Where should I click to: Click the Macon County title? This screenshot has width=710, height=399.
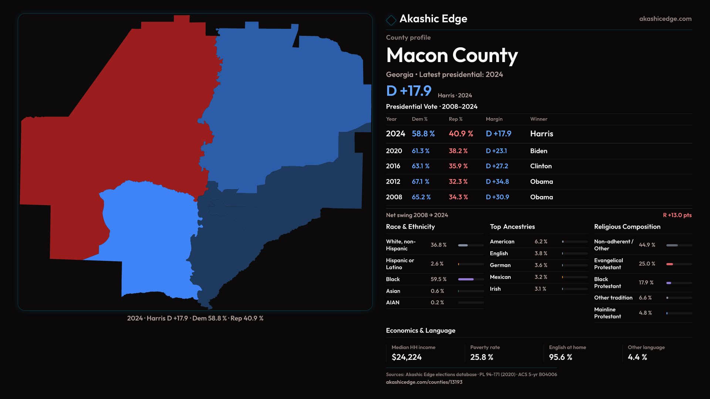452,55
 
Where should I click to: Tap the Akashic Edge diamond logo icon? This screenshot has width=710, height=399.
391,20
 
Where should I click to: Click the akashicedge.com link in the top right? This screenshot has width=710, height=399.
665,19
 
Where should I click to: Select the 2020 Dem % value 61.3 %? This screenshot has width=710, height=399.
420,151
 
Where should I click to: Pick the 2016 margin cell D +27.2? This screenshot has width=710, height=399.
497,166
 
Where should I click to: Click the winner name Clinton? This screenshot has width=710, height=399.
541,166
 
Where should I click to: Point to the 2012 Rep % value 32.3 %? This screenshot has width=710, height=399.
458,182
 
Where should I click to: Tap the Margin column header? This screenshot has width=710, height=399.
494,119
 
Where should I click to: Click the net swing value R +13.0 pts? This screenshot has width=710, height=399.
677,215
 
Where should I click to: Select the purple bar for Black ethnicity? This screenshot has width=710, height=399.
466,279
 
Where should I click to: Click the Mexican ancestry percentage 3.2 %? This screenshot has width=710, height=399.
541,277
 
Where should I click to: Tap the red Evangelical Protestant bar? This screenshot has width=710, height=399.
669,264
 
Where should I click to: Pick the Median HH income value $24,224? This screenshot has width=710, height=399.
406,357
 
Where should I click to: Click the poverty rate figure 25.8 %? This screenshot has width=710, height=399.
481,357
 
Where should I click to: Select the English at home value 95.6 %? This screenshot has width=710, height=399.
560,357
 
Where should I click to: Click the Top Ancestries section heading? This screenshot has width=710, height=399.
512,227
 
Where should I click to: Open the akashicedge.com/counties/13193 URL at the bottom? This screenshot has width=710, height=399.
424,382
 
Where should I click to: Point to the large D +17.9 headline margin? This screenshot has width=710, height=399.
408,91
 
